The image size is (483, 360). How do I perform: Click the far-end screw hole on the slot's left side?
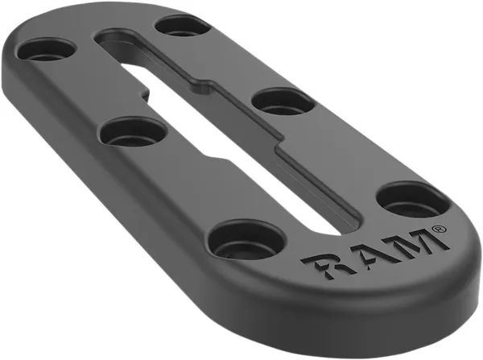(45, 51)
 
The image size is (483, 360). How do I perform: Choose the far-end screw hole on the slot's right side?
(183, 25)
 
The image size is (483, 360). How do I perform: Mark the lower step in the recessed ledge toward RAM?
(279, 147)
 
